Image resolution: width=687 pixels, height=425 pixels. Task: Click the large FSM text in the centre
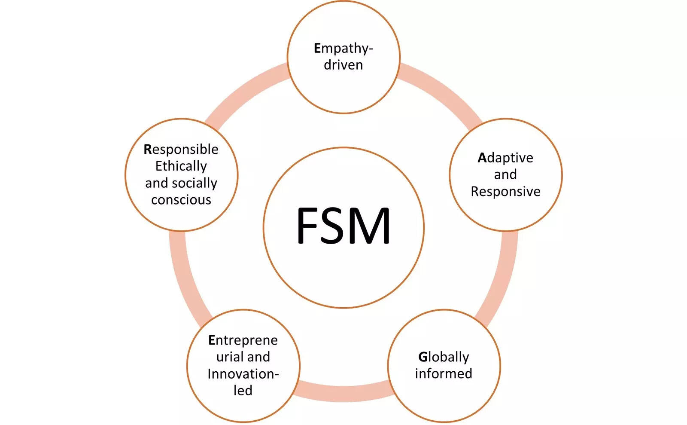343,226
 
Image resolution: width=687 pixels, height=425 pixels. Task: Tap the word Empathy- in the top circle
343,49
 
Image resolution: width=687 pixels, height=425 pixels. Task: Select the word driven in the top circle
343,65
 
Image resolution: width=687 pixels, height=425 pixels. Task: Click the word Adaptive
505,158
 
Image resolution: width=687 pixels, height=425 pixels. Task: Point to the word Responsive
505,191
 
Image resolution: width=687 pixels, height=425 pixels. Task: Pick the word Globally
444,357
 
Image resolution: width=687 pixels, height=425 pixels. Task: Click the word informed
444,373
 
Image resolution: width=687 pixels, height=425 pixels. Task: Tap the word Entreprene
243,340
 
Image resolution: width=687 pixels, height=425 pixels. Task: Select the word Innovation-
243,374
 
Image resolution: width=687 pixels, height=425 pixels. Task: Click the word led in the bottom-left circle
243,390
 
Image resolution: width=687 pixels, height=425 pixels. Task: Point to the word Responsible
181,149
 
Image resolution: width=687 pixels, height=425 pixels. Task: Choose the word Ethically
181,166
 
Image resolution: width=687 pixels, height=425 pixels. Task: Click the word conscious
181,200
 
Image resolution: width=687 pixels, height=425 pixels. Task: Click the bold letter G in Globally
423,357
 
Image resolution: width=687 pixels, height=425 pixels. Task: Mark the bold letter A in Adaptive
482,158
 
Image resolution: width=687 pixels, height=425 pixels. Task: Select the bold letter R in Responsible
148,149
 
